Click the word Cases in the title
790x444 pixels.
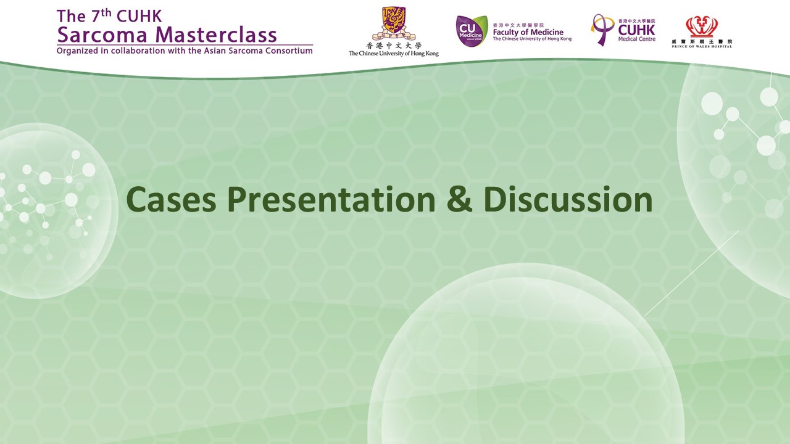[x=171, y=199]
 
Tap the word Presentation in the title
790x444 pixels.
[x=331, y=199]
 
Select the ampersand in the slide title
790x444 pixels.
[x=459, y=199]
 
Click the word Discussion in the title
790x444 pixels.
[x=568, y=199]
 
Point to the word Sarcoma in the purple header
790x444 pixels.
[x=102, y=35]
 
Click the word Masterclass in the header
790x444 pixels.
[x=216, y=35]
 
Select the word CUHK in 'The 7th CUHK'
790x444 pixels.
[x=139, y=16]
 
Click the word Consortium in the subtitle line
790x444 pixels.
[x=289, y=51]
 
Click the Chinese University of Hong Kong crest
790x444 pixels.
[x=394, y=23]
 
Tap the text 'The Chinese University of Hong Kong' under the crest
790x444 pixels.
[x=394, y=54]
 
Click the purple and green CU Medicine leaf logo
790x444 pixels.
[x=472, y=31]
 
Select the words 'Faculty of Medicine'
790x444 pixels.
[x=528, y=32]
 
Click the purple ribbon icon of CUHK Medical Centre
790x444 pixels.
[x=601, y=30]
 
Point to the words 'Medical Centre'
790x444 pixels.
[x=636, y=39]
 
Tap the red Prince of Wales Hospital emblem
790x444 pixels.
[x=702, y=27]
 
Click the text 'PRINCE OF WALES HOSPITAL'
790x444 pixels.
[x=702, y=46]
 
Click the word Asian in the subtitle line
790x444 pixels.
[x=215, y=51]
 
